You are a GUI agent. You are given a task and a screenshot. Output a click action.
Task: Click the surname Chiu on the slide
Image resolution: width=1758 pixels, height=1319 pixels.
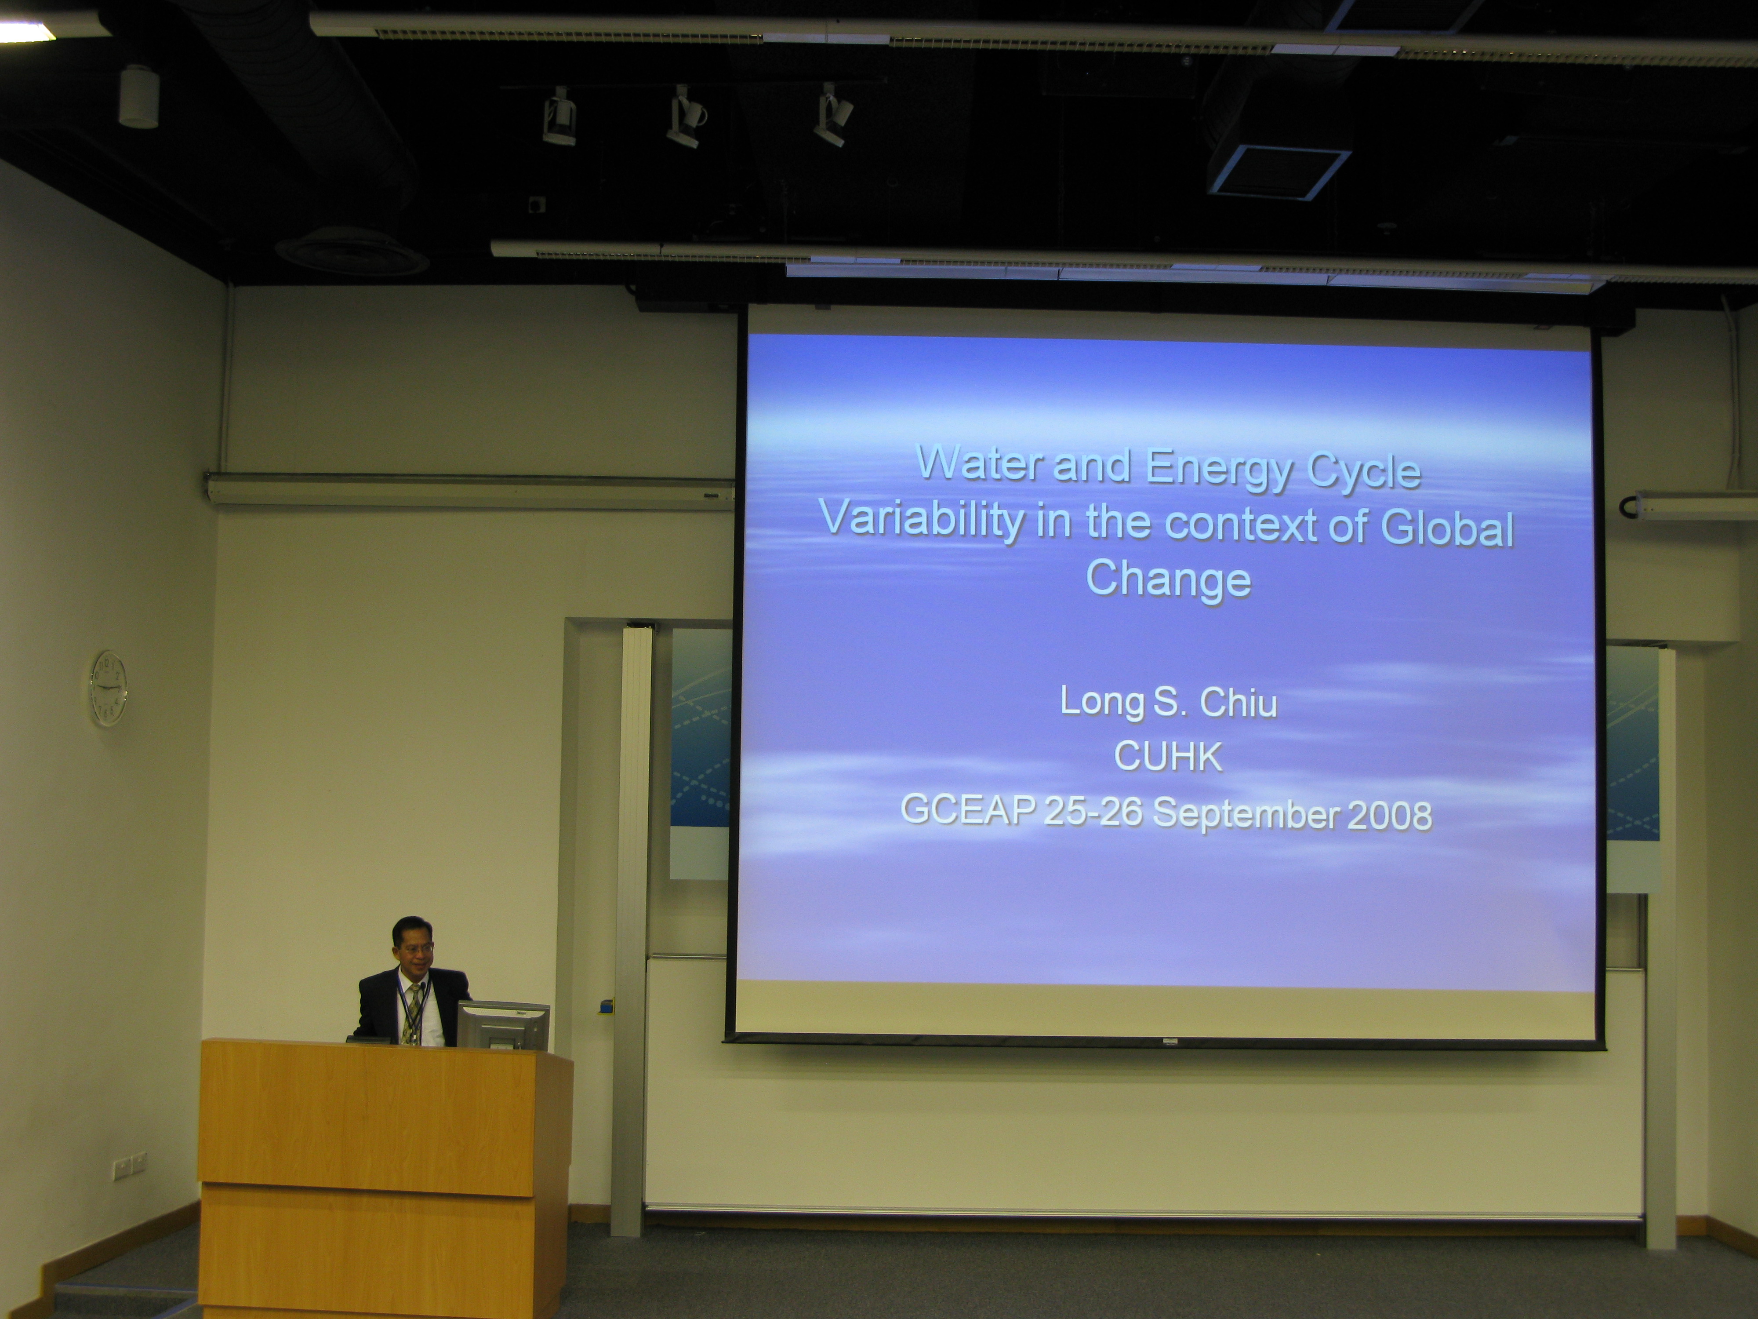pos(1238,703)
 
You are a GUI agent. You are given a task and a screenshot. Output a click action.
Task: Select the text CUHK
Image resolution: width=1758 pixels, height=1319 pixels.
pos(1167,757)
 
